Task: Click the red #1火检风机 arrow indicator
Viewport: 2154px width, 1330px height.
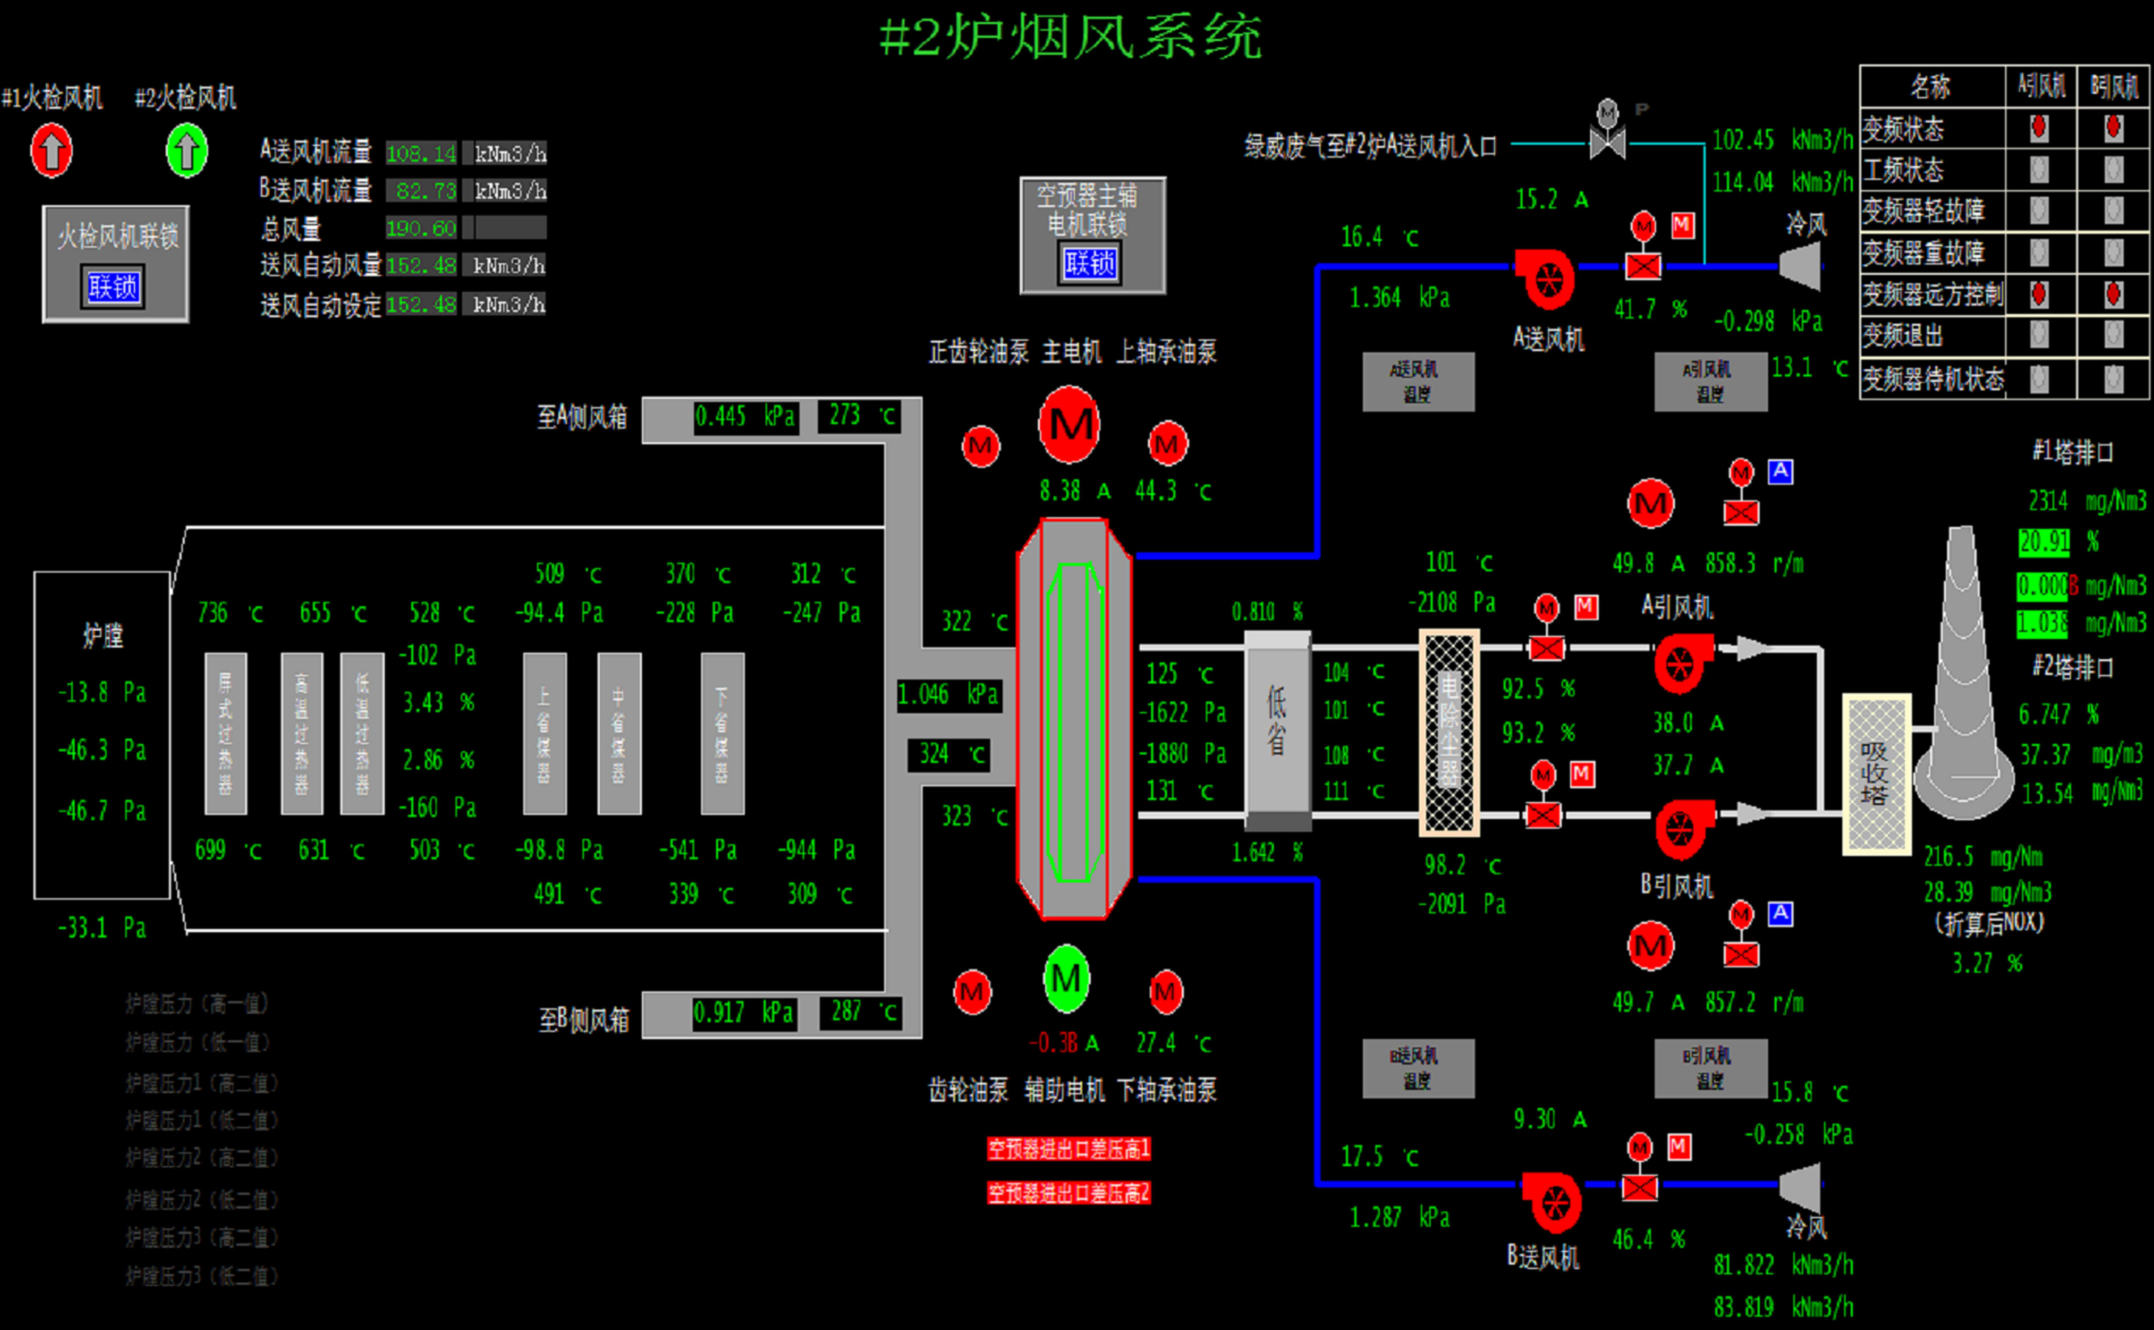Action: click(51, 150)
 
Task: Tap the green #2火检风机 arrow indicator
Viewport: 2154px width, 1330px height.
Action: click(187, 150)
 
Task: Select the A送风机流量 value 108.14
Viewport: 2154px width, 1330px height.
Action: click(422, 154)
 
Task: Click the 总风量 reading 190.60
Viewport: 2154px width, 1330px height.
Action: click(422, 229)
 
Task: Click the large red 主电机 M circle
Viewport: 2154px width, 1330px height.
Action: click(1070, 425)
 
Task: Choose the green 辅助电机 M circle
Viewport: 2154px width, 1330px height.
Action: click(1066, 978)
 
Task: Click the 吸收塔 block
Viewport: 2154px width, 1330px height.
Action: click(1876, 774)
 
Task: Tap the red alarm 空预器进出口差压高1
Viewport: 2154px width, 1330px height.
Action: click(1068, 1149)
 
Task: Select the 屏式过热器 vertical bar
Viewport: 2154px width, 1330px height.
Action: click(225, 734)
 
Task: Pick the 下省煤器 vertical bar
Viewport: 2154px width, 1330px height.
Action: click(722, 734)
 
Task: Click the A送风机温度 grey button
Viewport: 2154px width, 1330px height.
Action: click(1418, 382)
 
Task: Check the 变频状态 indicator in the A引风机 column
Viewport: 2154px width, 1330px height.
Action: click(2039, 129)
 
